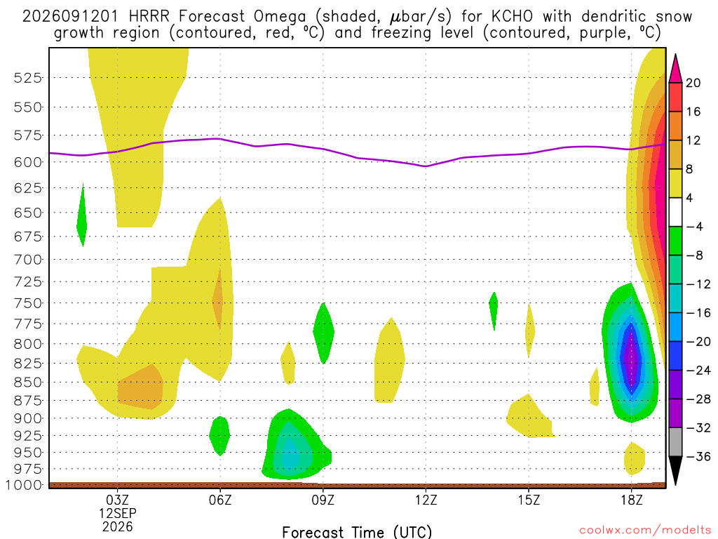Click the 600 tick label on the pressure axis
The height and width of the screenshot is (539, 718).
(28, 162)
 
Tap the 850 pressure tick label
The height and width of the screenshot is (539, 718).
(28, 382)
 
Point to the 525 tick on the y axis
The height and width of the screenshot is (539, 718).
(28, 78)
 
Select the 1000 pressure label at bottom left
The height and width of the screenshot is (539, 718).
(25, 485)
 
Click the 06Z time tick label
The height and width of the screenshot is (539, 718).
(220, 500)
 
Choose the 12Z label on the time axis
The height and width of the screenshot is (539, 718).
(426, 500)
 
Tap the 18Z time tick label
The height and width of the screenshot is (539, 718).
(632, 500)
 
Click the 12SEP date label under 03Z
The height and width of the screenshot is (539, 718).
(118, 513)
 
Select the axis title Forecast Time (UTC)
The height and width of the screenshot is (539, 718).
(357, 532)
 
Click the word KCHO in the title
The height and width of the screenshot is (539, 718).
(512, 17)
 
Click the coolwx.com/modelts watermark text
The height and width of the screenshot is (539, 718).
(645, 531)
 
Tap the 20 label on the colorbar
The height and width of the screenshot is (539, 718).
(693, 83)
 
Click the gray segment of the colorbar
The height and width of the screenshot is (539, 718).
(675, 442)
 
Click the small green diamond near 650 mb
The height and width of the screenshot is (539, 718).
(82, 215)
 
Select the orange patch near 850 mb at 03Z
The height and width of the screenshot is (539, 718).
(140, 387)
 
